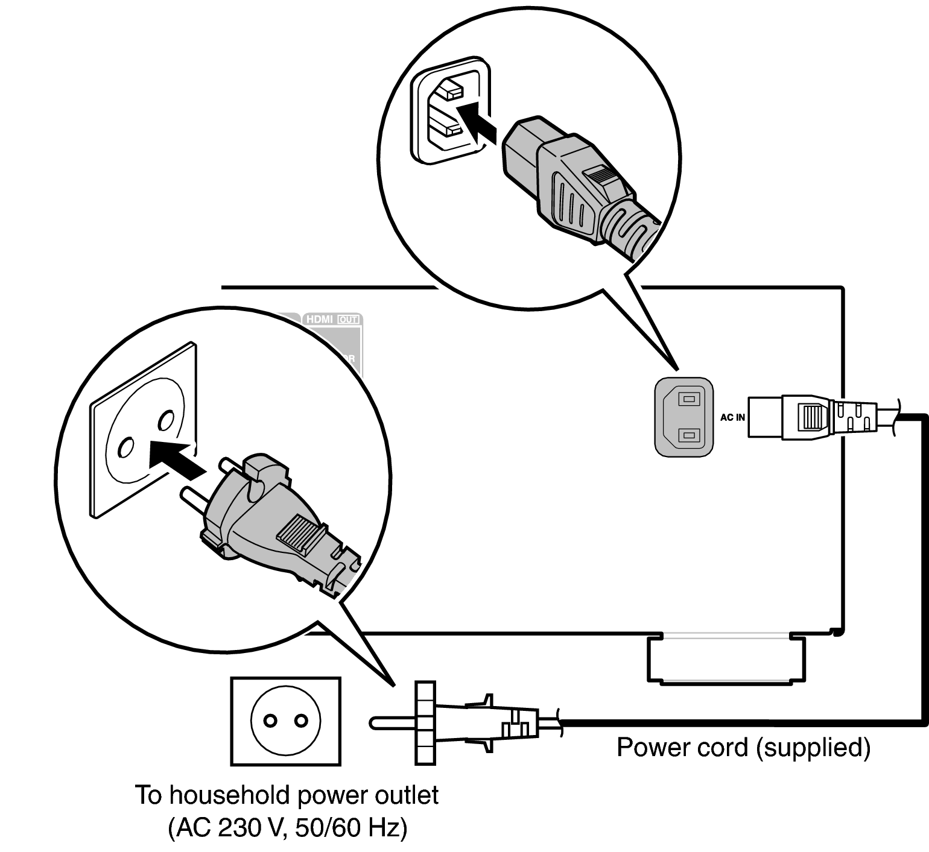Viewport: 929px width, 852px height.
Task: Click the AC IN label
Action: pos(732,417)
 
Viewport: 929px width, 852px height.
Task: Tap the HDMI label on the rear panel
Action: pos(319,319)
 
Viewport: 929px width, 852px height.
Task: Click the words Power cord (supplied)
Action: pos(743,748)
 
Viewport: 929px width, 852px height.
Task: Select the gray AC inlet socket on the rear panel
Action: pos(684,416)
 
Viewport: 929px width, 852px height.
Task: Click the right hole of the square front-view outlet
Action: pos(300,721)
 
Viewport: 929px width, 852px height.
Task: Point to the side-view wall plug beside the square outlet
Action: pos(464,722)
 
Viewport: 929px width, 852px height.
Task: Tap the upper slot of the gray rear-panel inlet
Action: pos(689,399)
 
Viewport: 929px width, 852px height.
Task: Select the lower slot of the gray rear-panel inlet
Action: pos(689,435)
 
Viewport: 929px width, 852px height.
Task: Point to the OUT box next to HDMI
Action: pos(348,319)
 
